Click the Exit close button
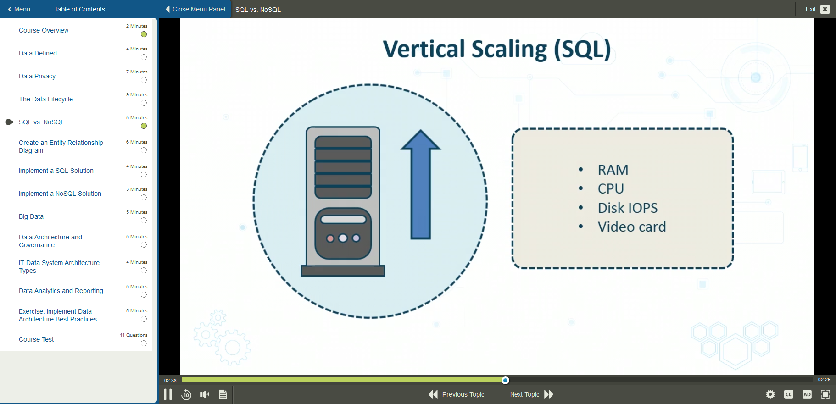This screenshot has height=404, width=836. (825, 9)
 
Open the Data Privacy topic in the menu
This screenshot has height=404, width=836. (37, 76)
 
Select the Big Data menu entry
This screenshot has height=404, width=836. (31, 216)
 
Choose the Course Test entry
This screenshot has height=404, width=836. (36, 339)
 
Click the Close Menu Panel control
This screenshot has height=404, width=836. (195, 9)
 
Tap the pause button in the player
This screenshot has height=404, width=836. (168, 394)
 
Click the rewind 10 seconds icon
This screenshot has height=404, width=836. (186, 394)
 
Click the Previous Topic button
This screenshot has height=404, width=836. (457, 394)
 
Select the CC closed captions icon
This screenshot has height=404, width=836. (788, 394)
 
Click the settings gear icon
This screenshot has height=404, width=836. (770, 394)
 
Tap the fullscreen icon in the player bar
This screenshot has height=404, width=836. (825, 394)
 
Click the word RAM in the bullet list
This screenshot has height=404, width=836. (613, 170)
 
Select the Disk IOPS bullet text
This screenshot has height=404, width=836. (627, 208)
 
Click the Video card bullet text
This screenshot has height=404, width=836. (631, 227)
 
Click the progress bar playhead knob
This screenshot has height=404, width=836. (505, 380)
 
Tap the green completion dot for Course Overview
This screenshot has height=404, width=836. (144, 34)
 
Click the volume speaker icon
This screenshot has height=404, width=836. (205, 394)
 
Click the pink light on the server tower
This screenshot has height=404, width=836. (330, 238)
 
